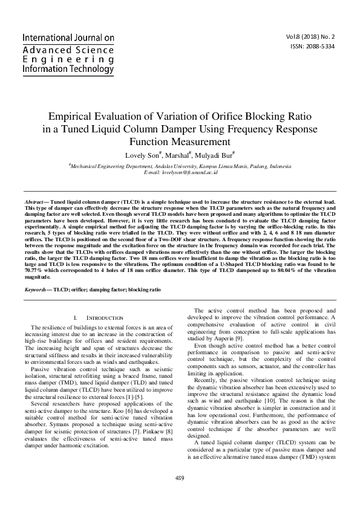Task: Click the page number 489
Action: [180, 478]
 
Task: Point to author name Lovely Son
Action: [142, 155]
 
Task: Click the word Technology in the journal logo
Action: [84, 69]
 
